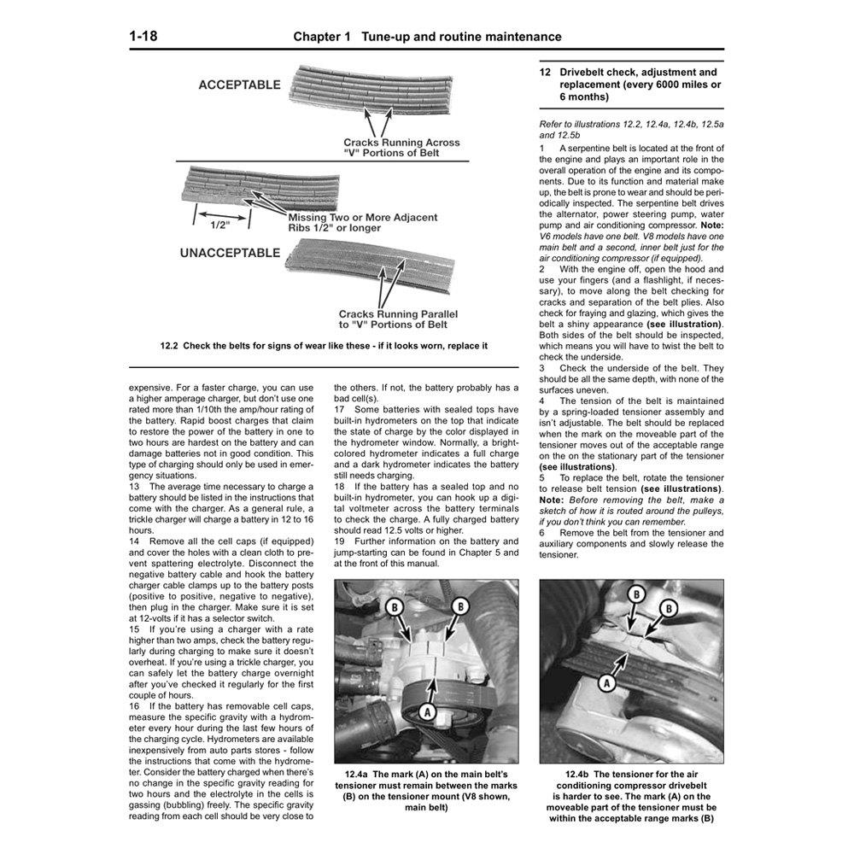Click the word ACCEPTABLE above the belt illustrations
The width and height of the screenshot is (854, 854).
(x=239, y=85)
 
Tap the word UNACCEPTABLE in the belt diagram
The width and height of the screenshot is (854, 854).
(x=229, y=253)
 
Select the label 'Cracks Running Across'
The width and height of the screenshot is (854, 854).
(x=401, y=143)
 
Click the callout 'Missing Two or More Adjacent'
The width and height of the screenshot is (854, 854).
(x=362, y=218)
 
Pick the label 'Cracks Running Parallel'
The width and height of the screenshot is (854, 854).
(x=400, y=313)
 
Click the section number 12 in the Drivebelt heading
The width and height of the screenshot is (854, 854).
(x=546, y=73)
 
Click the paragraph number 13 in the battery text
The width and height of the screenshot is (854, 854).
(x=134, y=487)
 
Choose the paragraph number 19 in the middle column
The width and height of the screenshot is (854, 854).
(x=339, y=541)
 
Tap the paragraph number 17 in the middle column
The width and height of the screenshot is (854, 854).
(x=339, y=410)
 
